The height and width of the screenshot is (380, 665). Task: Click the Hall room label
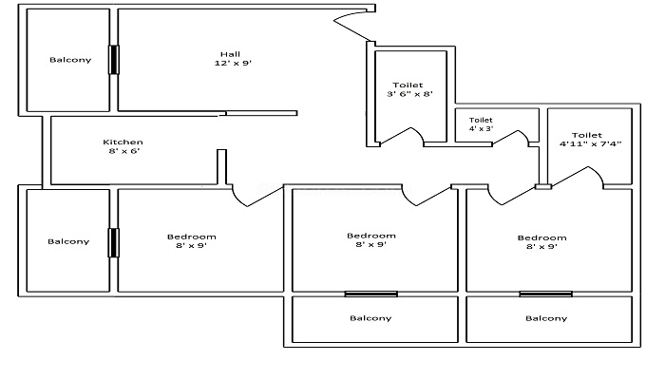(230, 54)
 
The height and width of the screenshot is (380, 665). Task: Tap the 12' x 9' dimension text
(233, 64)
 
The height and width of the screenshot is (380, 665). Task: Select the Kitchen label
(123, 142)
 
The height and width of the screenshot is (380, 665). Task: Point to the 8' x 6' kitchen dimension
(123, 151)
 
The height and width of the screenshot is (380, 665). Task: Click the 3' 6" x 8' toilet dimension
(409, 94)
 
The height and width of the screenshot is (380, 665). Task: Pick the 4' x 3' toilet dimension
(482, 128)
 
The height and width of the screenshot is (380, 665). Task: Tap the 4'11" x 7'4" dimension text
(590, 143)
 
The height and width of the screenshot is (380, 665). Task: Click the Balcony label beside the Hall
(70, 60)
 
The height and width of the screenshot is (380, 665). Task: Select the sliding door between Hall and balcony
(114, 60)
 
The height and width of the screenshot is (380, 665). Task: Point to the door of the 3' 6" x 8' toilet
(401, 135)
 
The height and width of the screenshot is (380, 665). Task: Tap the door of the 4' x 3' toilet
(510, 138)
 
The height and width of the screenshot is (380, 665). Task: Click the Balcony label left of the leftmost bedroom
(68, 241)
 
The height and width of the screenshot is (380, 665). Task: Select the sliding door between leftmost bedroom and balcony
(113, 242)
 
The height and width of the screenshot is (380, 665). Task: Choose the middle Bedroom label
(371, 236)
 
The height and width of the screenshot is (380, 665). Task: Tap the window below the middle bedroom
(371, 294)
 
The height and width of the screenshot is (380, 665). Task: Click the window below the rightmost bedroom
(546, 294)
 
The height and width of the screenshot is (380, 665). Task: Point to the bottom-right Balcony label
(546, 318)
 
